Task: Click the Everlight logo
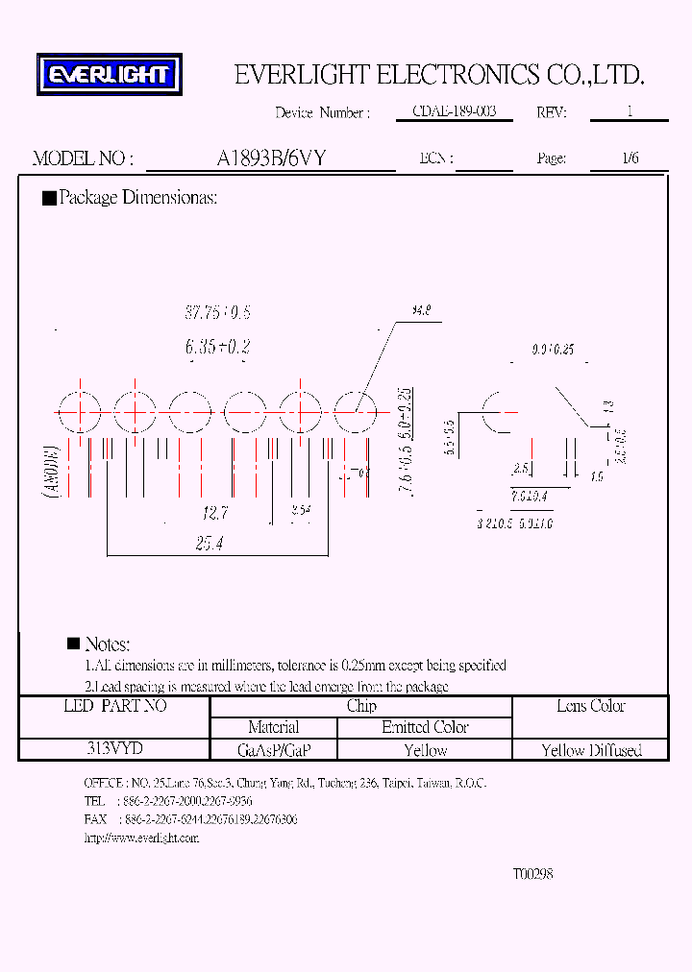coord(109,75)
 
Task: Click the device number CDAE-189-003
coord(454,112)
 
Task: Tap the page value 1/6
coord(630,158)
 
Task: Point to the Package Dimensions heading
coord(137,198)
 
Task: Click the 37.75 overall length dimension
coord(217,313)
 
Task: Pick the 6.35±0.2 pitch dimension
coord(217,347)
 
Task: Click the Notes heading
coord(107,644)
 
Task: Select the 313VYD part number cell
coord(114,749)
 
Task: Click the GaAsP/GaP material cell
coord(273,750)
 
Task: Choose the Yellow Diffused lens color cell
coord(591,750)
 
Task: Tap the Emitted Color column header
coord(425,727)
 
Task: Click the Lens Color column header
coord(591,706)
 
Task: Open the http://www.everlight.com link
coord(141,838)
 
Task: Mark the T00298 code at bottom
coord(532,874)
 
